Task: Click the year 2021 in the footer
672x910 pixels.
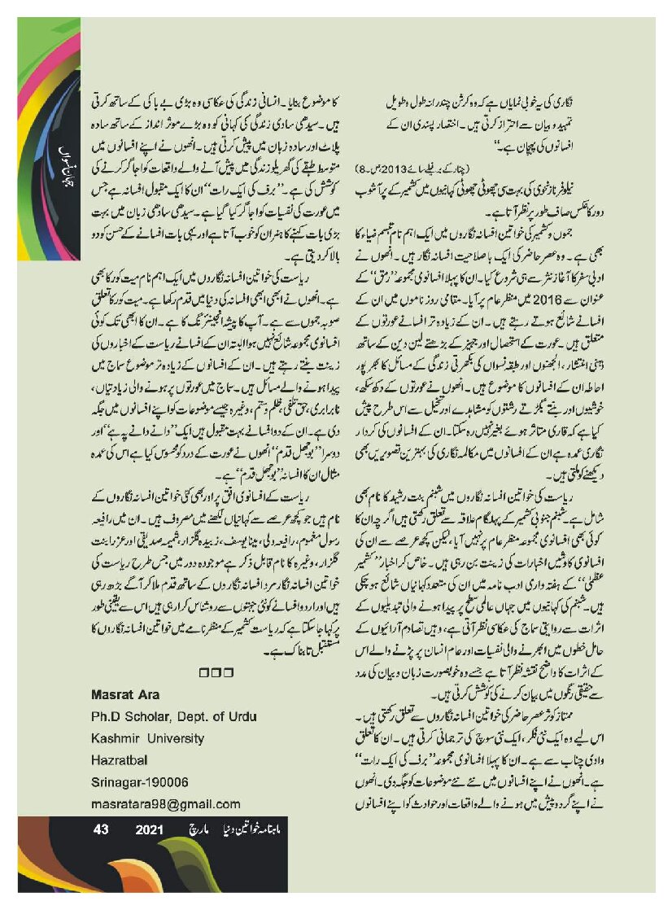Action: (x=151, y=831)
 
